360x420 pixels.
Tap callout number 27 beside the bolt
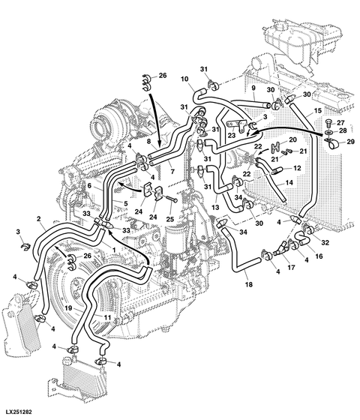[x=340, y=123]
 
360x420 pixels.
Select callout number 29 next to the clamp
[x=351, y=142]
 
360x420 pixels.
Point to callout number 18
[x=249, y=284]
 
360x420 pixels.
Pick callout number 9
[x=253, y=88]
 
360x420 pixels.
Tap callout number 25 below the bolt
[x=169, y=219]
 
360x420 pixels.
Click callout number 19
[x=68, y=308]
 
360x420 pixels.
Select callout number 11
[x=107, y=318]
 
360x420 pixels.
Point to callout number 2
[x=39, y=219]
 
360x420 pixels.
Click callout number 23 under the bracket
[x=232, y=135]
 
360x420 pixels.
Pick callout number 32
[x=325, y=242]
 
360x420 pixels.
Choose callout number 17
[x=291, y=267]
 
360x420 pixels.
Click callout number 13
[x=215, y=207]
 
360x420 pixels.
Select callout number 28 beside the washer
[x=343, y=130]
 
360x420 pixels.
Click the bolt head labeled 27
[x=329, y=123]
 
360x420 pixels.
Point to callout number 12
[x=297, y=168]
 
